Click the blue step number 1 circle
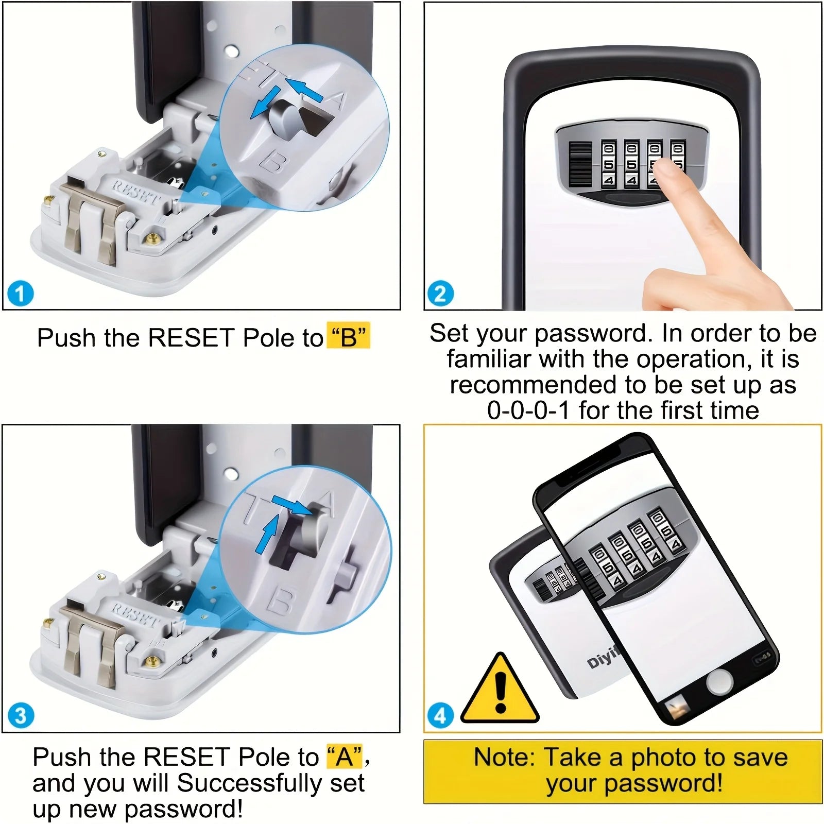tap(21, 294)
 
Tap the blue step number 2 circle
tap(441, 294)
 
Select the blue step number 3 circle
tap(21, 716)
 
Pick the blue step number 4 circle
tap(441, 716)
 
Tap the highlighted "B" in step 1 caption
tap(349, 338)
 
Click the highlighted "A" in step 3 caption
tap(345, 757)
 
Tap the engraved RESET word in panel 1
tap(137, 191)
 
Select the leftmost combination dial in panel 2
tap(608, 164)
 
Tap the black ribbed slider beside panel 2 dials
tap(580, 164)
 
